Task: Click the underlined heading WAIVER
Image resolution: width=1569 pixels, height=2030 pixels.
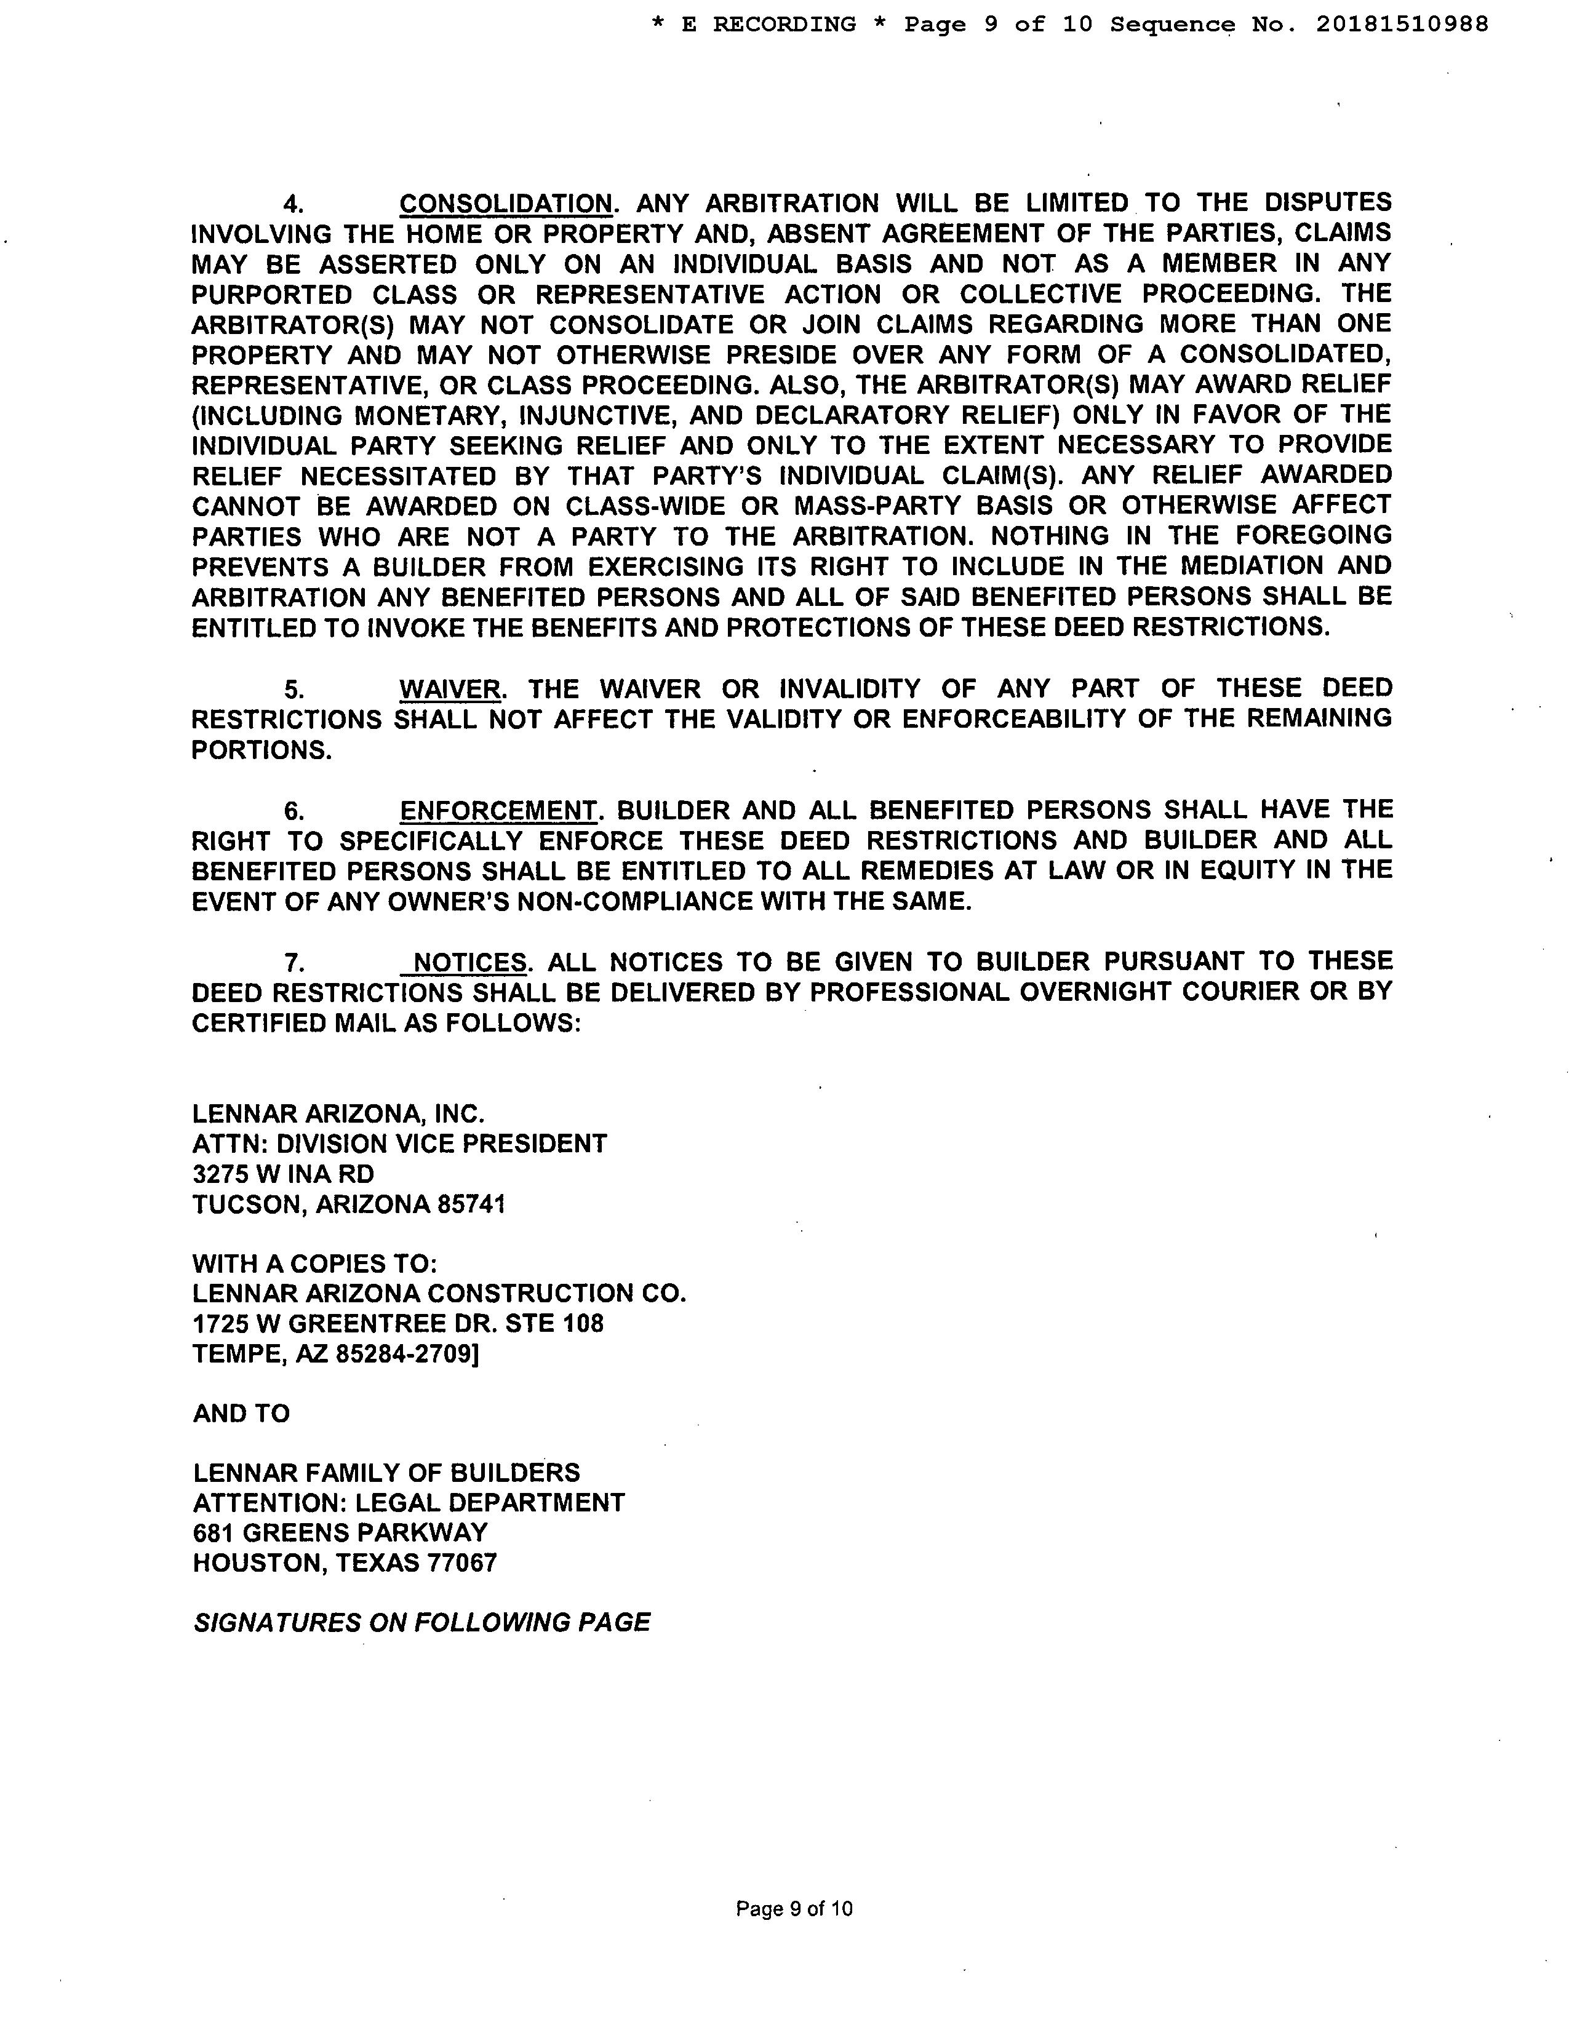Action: point(450,689)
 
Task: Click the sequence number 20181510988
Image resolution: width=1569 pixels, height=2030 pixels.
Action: point(1402,24)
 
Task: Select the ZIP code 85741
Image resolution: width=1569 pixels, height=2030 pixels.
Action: point(471,1204)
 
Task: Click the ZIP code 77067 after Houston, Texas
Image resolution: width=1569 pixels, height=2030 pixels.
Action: point(462,1562)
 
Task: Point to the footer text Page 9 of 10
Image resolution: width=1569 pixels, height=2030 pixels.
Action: point(794,1909)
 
